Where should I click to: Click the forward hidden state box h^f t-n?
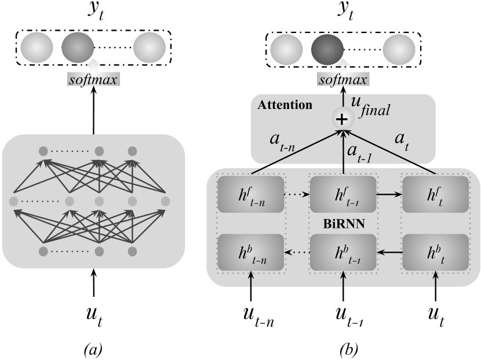click(x=251, y=194)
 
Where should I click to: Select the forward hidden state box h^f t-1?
click(x=344, y=194)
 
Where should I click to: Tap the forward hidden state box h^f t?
click(x=435, y=194)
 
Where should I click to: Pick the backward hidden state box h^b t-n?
click(x=251, y=252)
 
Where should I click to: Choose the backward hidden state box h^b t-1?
click(x=344, y=252)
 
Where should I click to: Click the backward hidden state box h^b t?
click(x=435, y=252)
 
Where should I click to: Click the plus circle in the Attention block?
click(x=342, y=119)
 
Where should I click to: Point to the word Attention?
click(x=285, y=105)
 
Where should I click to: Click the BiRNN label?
click(x=343, y=223)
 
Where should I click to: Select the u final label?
click(x=369, y=106)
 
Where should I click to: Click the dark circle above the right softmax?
click(x=327, y=50)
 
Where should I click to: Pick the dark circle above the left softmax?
click(x=78, y=48)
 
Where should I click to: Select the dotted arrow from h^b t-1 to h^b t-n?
click(x=297, y=252)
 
